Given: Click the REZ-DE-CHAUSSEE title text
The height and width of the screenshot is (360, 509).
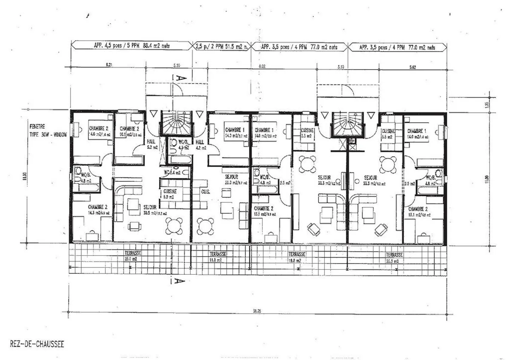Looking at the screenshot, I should coord(37,344).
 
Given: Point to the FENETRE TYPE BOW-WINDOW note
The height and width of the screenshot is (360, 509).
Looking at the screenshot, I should coord(48,130).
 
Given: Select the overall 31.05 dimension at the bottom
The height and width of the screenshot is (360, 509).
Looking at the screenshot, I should coord(257,312).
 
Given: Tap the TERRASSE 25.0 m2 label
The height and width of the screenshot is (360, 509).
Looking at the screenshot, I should coord(133,256).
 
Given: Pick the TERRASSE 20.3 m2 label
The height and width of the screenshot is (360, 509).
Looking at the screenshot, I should coord(394,257).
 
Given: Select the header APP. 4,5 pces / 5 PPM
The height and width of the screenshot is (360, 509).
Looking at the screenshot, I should coord(131,46).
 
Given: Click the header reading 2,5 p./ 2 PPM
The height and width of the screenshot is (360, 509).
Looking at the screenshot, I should coord(221,46).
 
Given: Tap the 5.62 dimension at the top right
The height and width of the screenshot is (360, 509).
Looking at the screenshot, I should coord(412,67).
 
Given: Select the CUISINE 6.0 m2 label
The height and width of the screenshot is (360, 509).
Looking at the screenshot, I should coord(170,194).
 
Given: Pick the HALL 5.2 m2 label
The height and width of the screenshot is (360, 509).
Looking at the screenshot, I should coord(151,144).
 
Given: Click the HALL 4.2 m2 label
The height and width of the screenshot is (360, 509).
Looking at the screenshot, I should coord(200,145).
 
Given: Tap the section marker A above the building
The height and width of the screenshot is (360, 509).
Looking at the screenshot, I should coord(180,77).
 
